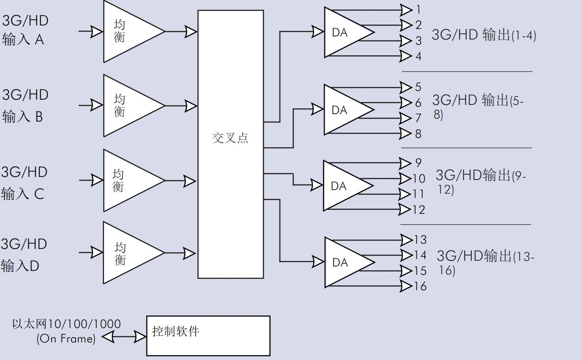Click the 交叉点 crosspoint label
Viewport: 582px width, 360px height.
tap(230, 138)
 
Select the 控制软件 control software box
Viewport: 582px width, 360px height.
tap(208, 336)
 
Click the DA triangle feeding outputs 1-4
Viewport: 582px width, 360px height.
tap(345, 32)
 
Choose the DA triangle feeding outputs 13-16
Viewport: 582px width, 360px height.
tap(345, 263)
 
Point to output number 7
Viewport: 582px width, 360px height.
tap(418, 118)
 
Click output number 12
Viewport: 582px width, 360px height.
tap(419, 209)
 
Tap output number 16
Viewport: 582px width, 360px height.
tap(420, 286)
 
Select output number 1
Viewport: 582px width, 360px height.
tap(418, 9)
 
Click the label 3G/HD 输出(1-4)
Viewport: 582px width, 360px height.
tap(484, 35)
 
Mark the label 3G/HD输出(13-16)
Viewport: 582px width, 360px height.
tap(485, 262)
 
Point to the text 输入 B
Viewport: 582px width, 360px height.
tap(22, 117)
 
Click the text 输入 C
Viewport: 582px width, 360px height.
tap(22, 194)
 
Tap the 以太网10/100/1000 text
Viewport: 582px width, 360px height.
tap(66, 324)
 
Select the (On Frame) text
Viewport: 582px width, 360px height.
tap(66, 338)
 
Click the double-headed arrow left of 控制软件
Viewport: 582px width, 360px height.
tap(124, 337)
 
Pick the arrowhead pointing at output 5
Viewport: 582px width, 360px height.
tap(406, 87)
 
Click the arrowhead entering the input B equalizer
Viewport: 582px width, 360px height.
tap(97, 105)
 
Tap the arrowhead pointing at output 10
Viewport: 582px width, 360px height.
tap(405, 179)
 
